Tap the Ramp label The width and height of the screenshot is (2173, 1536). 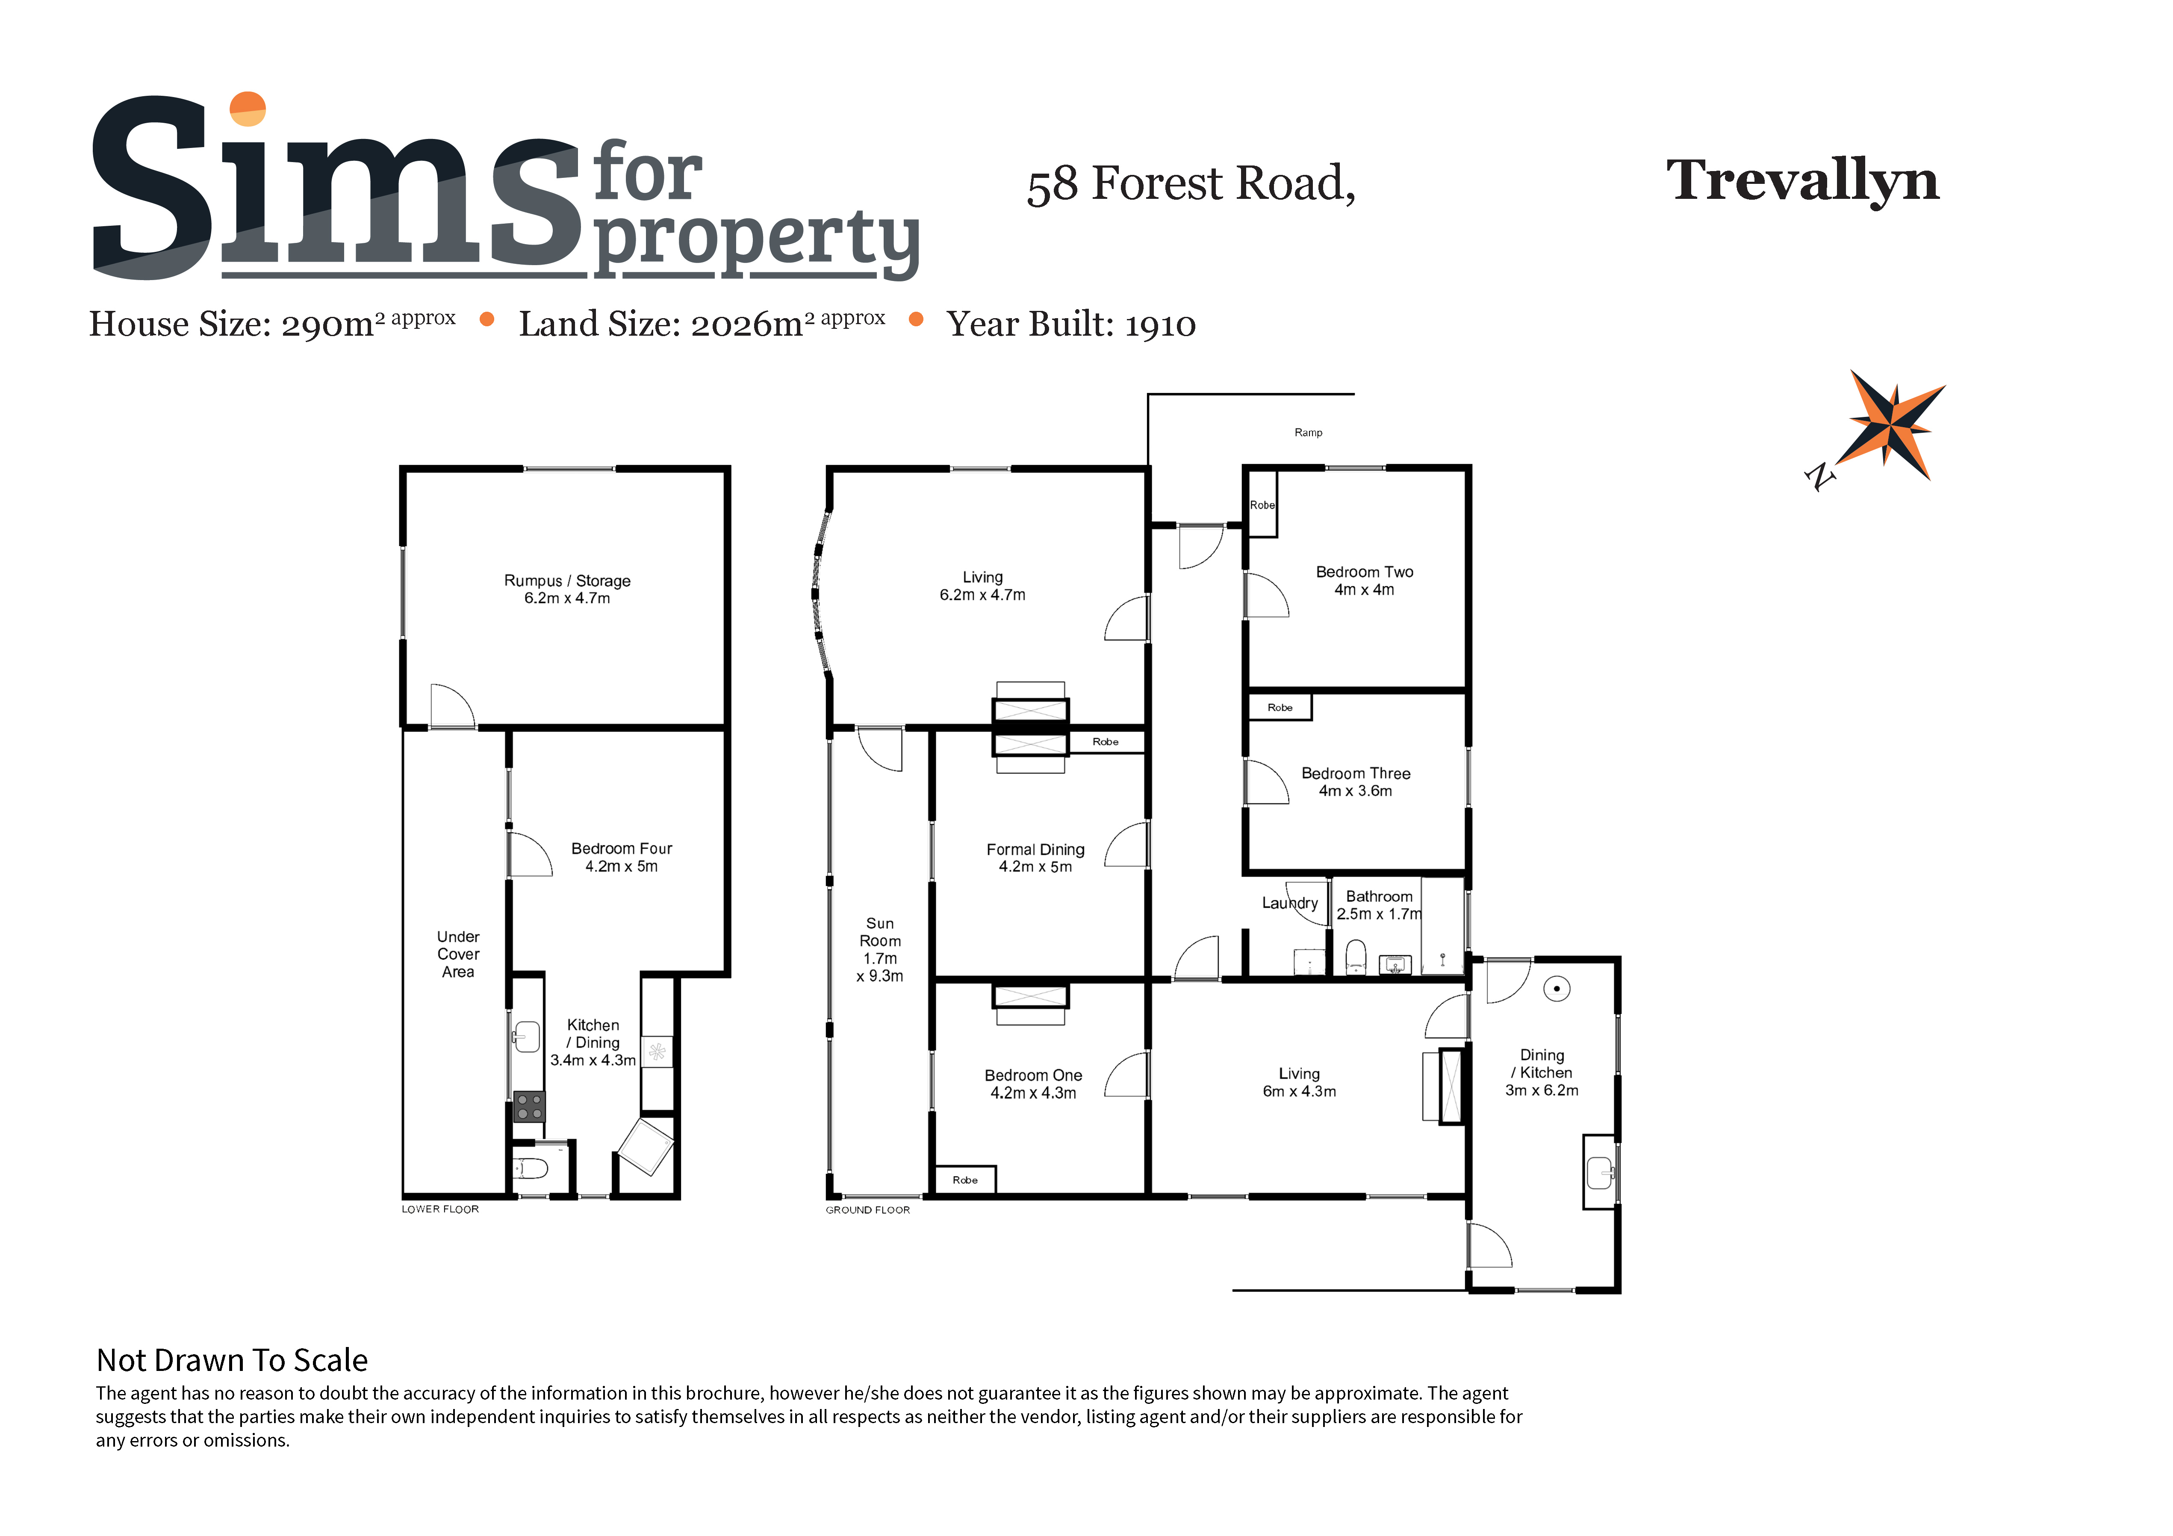[x=1308, y=432]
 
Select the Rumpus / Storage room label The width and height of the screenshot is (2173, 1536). [x=567, y=580]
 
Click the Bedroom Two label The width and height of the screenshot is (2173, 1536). [x=1364, y=572]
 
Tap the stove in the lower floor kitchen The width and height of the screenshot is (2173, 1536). [x=529, y=1106]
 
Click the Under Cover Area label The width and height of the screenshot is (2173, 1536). [x=458, y=954]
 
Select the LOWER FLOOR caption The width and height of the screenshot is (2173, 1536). [x=440, y=1209]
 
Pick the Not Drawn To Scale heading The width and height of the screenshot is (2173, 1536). [x=232, y=1360]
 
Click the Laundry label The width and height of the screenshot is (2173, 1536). [x=1289, y=903]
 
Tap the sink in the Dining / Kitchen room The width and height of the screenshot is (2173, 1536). [x=1599, y=1173]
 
